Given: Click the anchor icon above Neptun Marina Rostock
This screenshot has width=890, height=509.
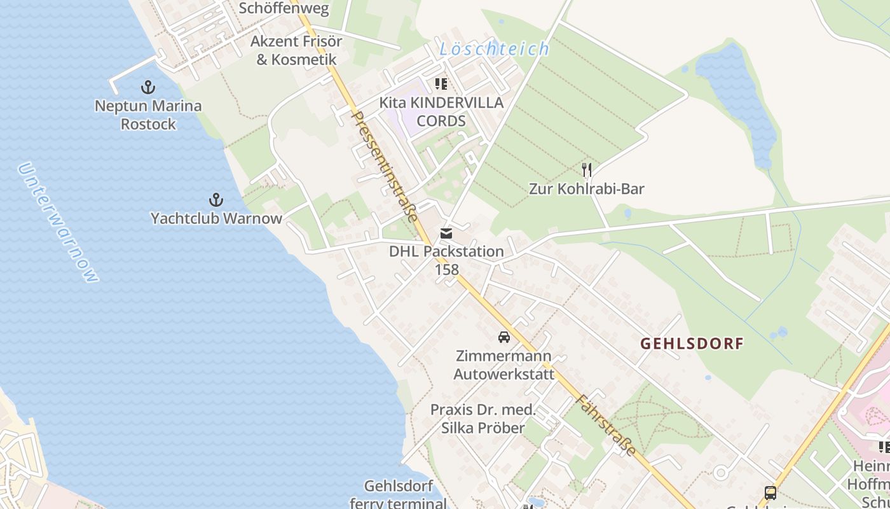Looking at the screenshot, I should tap(148, 87).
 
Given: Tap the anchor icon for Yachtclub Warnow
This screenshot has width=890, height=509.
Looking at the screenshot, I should tap(216, 200).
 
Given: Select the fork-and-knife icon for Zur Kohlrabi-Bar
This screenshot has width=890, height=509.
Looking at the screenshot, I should tap(587, 170).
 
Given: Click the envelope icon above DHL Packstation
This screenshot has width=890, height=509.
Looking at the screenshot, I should tap(446, 234).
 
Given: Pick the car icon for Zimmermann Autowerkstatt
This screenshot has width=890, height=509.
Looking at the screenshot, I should tap(504, 337).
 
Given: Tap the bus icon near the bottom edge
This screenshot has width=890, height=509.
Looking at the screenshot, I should tap(770, 492).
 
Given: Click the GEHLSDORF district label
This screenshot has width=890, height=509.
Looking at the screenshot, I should tap(692, 344).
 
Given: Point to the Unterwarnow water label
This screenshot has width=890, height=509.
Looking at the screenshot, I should tap(58, 223).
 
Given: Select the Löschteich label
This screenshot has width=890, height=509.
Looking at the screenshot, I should tap(495, 49).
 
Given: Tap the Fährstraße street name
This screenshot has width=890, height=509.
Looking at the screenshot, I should tap(606, 425).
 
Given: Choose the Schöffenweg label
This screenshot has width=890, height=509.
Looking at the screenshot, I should tap(284, 8).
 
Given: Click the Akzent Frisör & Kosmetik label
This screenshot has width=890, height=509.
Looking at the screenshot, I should tap(296, 50).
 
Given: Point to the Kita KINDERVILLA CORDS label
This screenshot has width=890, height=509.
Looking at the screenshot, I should tap(441, 111).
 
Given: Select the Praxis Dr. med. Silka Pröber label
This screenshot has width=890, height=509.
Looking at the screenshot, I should tap(483, 419).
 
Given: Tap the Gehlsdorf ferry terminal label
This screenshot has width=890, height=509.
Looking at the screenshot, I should tap(399, 495).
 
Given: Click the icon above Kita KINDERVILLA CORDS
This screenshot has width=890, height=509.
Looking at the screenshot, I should tap(441, 84).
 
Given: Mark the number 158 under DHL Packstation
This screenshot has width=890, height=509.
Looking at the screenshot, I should tap(446, 269).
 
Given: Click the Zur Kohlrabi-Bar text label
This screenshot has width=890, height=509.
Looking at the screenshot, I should tap(587, 189).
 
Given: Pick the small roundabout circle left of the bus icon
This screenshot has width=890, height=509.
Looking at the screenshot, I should tap(720, 473).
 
